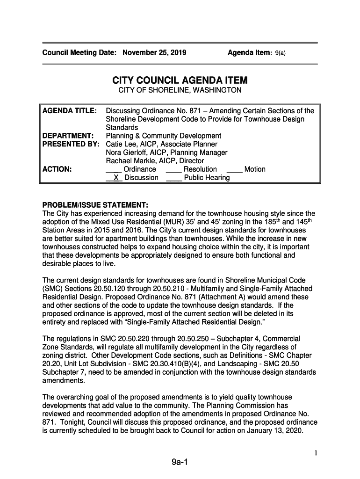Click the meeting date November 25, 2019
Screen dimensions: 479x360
154,52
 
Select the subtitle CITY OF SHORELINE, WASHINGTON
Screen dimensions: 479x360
180,90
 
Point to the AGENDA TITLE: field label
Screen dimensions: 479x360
70,111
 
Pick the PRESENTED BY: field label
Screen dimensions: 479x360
72,145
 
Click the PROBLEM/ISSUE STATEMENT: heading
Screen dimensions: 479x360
95,205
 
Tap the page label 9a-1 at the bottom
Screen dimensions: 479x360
180,463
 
